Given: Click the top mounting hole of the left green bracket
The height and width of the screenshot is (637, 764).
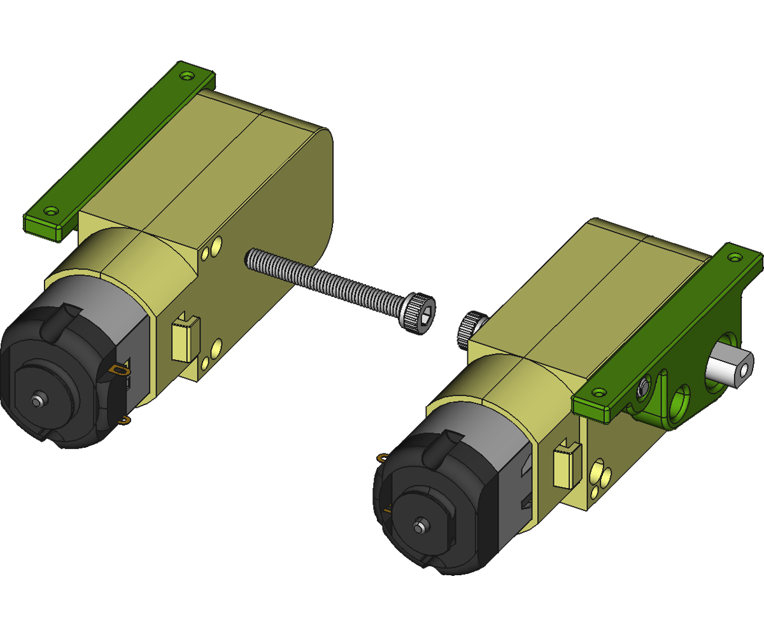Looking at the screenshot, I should [x=187, y=75].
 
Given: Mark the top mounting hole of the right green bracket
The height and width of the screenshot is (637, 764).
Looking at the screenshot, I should [x=737, y=259].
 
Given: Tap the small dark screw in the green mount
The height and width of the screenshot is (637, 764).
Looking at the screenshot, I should [x=644, y=387].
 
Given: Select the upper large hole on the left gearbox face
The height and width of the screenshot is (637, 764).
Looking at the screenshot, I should [x=217, y=244].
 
